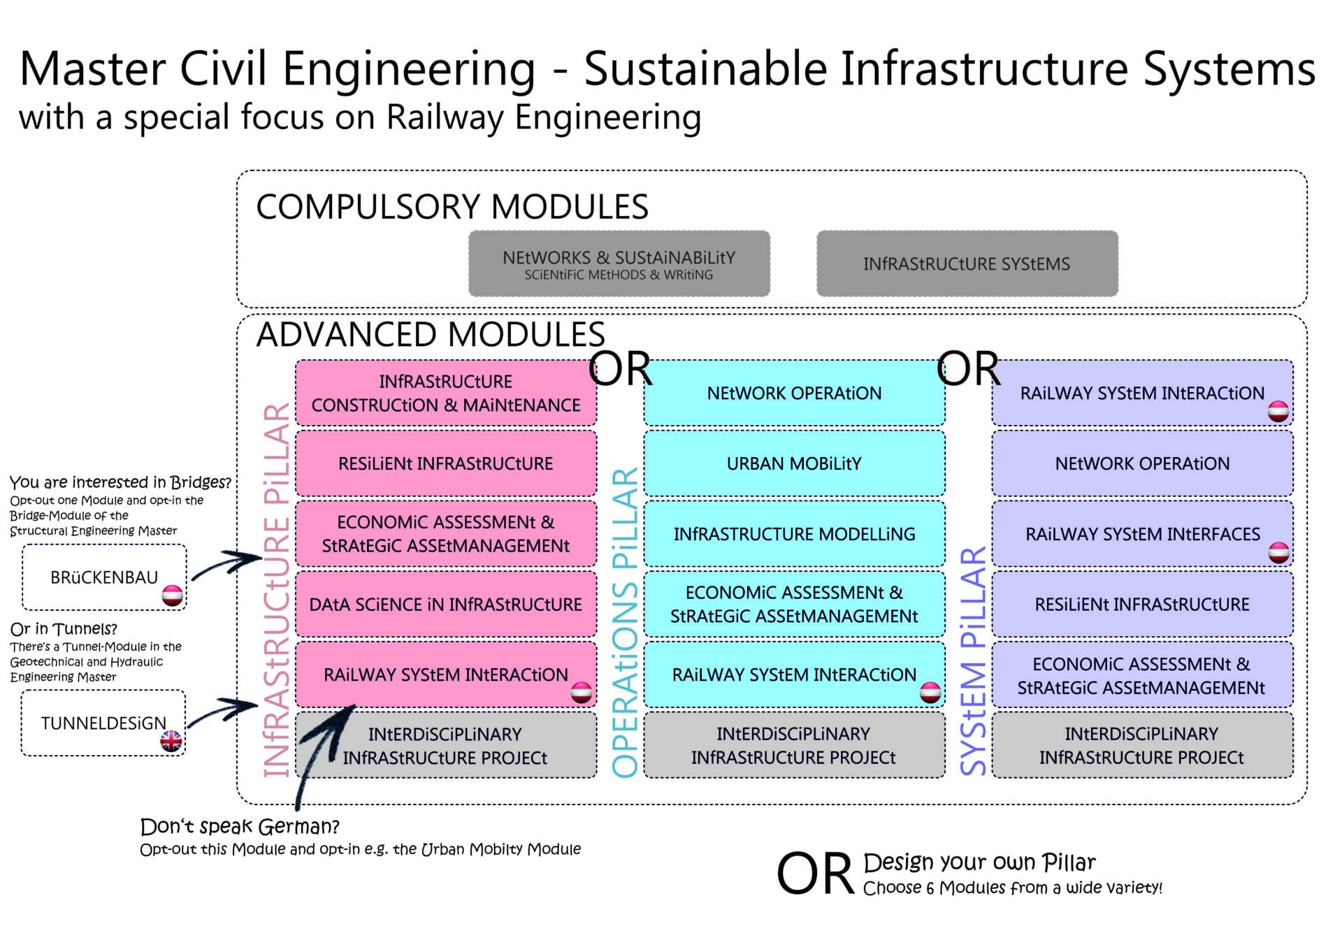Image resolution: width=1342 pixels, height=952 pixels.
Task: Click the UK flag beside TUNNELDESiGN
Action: point(171,741)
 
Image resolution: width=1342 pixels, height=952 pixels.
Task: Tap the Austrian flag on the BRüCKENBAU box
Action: point(173,595)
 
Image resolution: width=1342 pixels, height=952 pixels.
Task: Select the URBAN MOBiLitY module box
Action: point(794,463)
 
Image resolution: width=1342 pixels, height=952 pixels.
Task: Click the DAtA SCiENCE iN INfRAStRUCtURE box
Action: point(446,605)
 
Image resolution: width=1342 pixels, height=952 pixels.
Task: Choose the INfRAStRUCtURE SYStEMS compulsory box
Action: point(967,264)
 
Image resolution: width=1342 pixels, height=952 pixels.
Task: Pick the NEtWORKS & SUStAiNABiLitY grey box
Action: point(619,264)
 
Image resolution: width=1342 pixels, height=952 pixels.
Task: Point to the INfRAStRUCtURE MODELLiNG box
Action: point(794,534)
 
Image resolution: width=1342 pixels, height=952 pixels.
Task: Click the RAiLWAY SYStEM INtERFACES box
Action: point(1142,534)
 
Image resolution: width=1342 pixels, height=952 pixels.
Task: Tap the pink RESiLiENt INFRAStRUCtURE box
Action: point(446,463)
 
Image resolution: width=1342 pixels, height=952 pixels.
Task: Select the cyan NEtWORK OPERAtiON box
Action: point(794,393)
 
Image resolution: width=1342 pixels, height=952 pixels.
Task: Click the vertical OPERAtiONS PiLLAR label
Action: point(625,622)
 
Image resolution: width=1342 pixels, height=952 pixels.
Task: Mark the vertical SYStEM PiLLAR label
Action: point(973,661)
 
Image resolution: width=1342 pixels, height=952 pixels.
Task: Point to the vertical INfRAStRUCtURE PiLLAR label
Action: point(277,591)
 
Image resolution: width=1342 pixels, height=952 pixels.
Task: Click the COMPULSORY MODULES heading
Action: point(452,207)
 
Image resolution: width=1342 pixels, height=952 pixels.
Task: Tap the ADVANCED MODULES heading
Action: point(431,334)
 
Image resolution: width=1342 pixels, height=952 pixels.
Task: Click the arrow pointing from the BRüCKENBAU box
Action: point(227,563)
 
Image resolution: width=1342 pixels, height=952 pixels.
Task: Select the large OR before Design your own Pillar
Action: point(815,874)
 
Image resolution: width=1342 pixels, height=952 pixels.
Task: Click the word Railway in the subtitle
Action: point(445,117)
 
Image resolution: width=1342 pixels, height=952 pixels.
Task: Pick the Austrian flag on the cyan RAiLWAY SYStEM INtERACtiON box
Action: point(930,692)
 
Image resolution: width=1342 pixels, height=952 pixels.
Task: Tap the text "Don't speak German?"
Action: point(240,827)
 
